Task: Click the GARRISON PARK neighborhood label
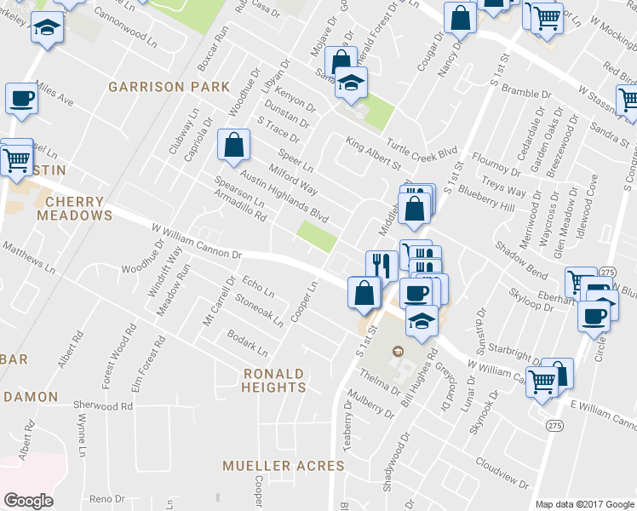169,87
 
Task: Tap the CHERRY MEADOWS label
74,209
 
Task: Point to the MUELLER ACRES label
283,466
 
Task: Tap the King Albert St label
372,153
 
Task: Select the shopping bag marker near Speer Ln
233,144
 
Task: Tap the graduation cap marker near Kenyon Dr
349,83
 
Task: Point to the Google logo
28,501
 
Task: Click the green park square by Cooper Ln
317,236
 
